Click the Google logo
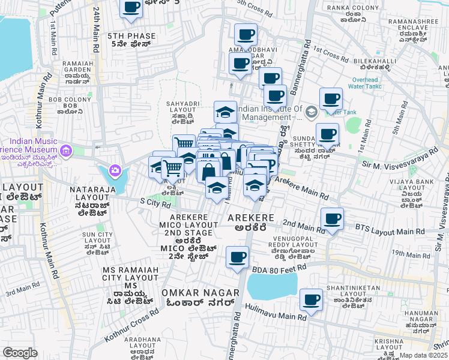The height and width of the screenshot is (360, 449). coord(20,353)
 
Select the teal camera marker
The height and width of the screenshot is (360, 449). coord(114,172)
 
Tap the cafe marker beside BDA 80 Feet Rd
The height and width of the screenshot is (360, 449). coord(237,257)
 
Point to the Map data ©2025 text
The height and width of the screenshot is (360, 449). coord(423,355)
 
